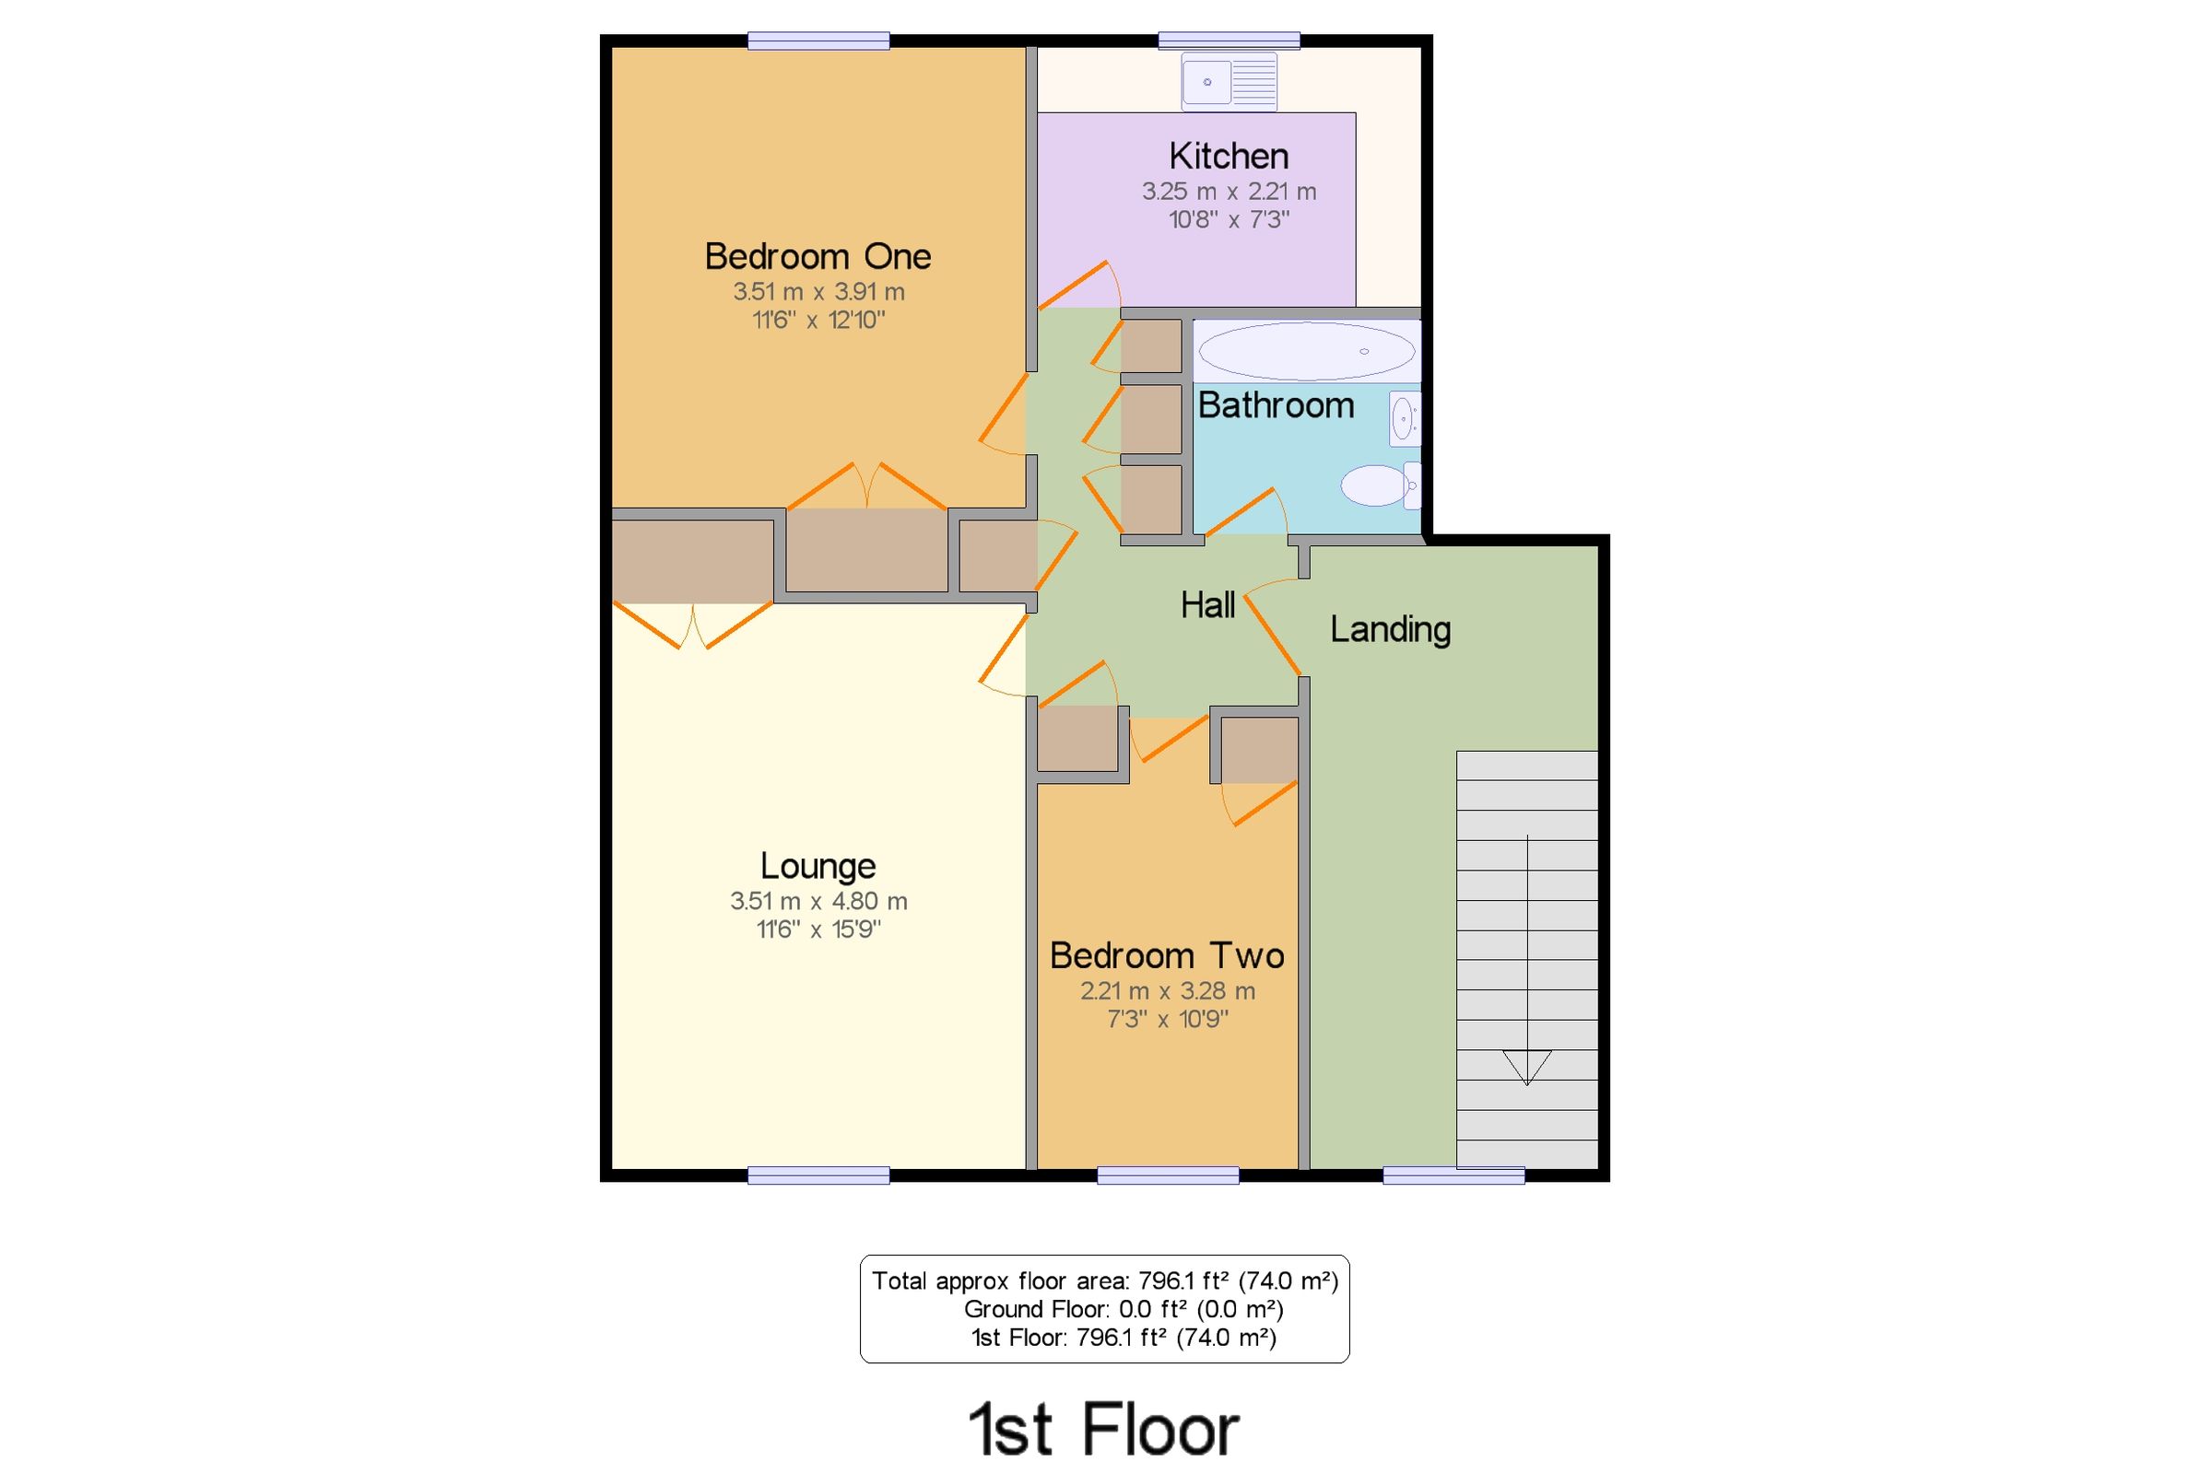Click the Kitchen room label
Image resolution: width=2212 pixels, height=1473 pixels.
point(1229,156)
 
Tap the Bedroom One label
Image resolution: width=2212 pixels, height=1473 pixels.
point(818,256)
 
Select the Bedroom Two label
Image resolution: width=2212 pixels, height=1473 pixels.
point(1166,955)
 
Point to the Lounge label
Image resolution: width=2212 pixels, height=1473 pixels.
point(818,865)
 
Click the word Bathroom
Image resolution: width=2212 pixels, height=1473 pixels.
point(1276,405)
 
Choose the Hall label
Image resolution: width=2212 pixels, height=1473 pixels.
point(1207,605)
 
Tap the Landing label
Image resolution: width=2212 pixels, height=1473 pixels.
point(1390,628)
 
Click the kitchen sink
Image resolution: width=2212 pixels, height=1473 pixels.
point(1230,82)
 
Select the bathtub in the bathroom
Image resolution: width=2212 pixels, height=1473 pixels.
point(1306,351)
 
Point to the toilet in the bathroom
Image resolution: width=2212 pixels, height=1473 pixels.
point(1380,485)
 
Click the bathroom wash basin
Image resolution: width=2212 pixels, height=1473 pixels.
point(1404,418)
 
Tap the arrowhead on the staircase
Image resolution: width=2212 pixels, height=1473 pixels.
point(1526,1066)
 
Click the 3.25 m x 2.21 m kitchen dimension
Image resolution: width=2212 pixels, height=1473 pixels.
point(1229,192)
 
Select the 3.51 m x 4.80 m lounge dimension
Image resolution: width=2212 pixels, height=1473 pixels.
point(818,901)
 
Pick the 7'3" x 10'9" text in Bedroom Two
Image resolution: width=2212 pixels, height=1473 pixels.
point(1167,1019)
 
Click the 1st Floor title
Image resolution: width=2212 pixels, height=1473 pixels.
point(1104,1429)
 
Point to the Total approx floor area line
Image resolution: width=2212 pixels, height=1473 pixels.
point(1104,1280)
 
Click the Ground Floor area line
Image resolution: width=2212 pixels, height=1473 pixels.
point(1123,1309)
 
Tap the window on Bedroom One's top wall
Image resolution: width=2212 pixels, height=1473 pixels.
point(818,41)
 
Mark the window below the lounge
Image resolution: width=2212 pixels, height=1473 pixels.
point(818,1175)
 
